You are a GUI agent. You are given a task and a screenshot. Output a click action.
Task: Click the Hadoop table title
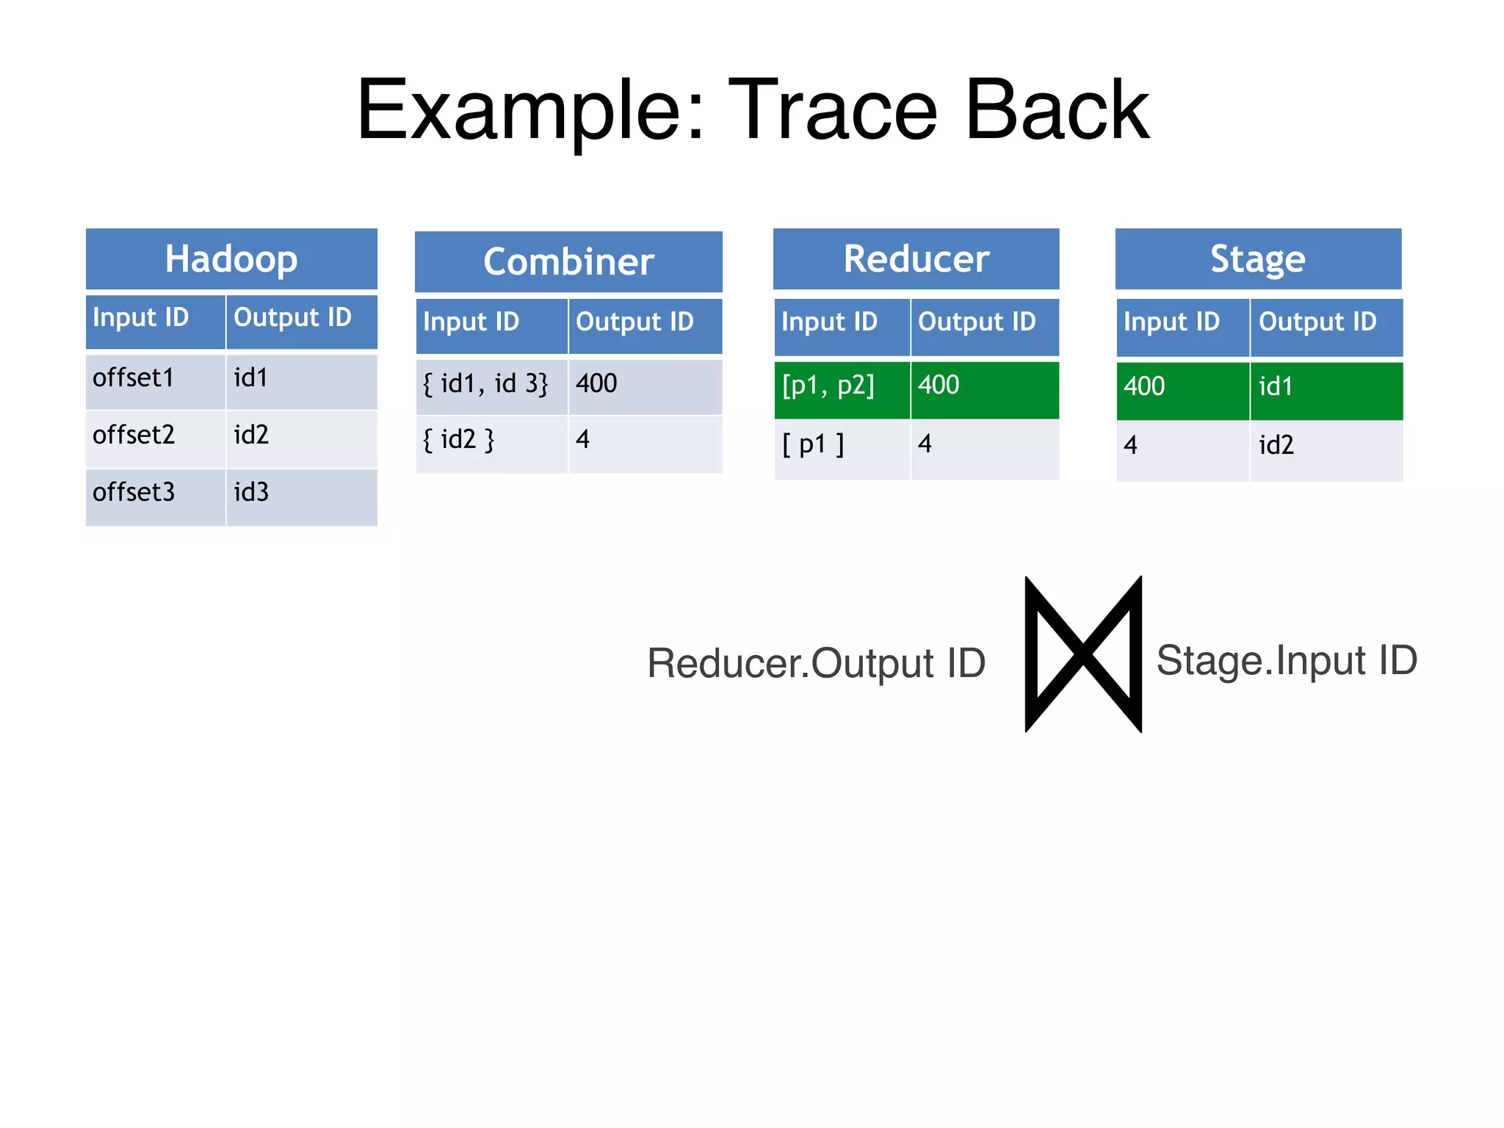pyautogui.click(x=231, y=258)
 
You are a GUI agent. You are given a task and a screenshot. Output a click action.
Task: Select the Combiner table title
pyautogui.click(x=568, y=261)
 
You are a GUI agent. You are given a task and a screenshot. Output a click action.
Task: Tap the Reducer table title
pyautogui.click(x=916, y=258)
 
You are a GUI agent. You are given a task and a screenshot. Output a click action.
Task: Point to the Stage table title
pyautogui.click(x=1257, y=258)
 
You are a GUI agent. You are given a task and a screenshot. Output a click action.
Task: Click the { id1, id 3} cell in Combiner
pyautogui.click(x=491, y=385)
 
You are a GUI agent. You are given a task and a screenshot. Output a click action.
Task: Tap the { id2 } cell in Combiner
pyautogui.click(x=491, y=441)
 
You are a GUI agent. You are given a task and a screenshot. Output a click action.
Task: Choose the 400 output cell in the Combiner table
pyautogui.click(x=644, y=385)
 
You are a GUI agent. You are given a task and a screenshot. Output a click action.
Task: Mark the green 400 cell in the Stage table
pyautogui.click(x=1182, y=388)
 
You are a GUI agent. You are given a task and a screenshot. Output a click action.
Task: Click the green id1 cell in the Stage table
pyautogui.click(x=1326, y=388)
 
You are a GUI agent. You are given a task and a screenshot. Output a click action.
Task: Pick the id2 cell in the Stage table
pyautogui.click(x=1326, y=447)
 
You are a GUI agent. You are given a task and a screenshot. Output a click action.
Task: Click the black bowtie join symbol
pyautogui.click(x=1083, y=654)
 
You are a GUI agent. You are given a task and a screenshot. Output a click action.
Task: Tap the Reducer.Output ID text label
pyautogui.click(x=815, y=663)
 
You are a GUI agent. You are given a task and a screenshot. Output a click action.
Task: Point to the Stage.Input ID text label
pyautogui.click(x=1287, y=660)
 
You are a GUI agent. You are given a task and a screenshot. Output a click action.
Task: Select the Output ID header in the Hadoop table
pyautogui.click(x=301, y=319)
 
